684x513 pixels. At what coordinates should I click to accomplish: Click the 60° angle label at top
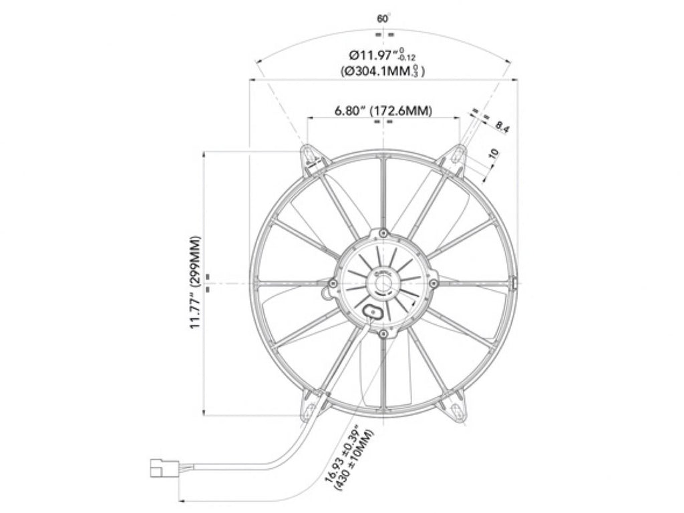click(x=383, y=19)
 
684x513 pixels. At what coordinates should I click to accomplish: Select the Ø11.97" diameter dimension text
click(x=383, y=55)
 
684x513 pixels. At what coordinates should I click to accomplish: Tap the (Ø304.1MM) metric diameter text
click(x=383, y=71)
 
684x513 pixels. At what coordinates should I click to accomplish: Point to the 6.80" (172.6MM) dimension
click(x=383, y=111)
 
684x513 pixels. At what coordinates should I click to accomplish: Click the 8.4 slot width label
click(x=502, y=127)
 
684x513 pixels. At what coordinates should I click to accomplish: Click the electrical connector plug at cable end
click(x=164, y=467)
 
